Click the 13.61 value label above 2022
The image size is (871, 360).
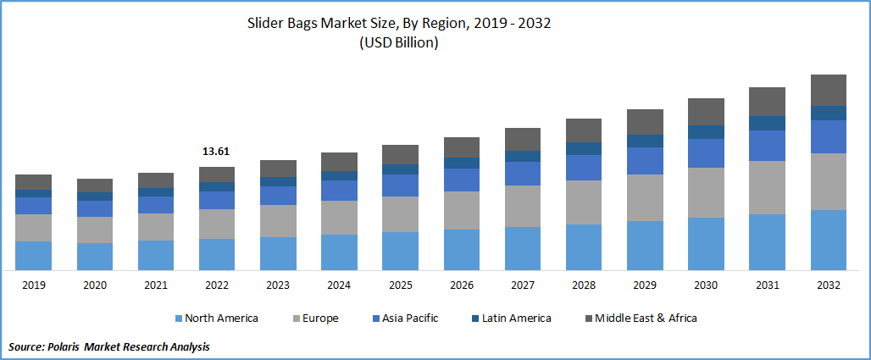216,152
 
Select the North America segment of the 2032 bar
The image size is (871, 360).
829,240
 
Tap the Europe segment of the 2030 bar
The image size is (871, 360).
706,192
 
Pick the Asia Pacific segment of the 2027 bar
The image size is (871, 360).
523,174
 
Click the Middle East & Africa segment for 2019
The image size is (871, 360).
33,182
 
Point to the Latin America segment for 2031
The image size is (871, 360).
768,123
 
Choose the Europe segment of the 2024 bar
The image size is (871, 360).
339,218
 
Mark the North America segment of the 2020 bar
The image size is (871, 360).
94,257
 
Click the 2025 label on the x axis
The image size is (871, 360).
400,285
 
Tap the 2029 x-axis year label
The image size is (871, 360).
645,285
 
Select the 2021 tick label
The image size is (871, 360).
155,285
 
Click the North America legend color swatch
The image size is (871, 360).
178,318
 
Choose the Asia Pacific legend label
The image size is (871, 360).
409,318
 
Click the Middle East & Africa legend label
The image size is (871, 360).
646,318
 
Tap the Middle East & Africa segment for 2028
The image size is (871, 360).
584,130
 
